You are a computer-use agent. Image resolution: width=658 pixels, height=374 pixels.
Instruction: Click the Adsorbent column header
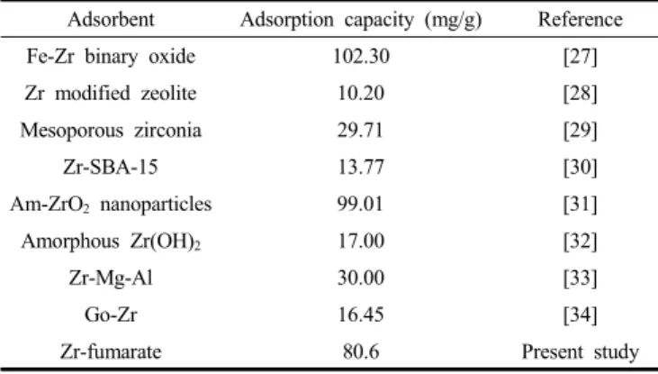pyautogui.click(x=112, y=19)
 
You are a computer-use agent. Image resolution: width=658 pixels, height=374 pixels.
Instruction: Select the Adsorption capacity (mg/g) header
pyautogui.click(x=361, y=20)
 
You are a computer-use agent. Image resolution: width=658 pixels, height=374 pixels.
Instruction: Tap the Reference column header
pyautogui.click(x=581, y=19)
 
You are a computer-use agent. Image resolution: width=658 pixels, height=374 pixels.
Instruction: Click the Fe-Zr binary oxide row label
pyautogui.click(x=112, y=57)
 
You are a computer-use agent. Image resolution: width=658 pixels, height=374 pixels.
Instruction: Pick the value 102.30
pyautogui.click(x=361, y=56)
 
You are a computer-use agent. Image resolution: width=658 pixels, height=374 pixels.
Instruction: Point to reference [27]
pyautogui.click(x=581, y=57)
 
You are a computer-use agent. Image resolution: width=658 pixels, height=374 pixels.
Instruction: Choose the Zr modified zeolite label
pyautogui.click(x=111, y=94)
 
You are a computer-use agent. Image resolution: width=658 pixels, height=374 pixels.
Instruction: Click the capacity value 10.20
pyautogui.click(x=361, y=94)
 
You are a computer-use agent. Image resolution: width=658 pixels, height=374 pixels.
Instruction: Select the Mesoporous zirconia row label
pyautogui.click(x=112, y=131)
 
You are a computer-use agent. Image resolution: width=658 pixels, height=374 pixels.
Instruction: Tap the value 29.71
pyautogui.click(x=361, y=131)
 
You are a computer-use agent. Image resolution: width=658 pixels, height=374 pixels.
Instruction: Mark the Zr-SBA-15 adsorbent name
pyautogui.click(x=111, y=168)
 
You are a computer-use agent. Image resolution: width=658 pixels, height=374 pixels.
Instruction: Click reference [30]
pyautogui.click(x=581, y=168)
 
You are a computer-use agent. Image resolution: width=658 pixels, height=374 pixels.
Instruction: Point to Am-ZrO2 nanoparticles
pyautogui.click(x=112, y=205)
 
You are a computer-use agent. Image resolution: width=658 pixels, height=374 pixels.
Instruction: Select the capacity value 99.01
pyautogui.click(x=361, y=205)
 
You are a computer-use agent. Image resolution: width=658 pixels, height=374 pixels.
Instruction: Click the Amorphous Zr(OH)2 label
pyautogui.click(x=112, y=242)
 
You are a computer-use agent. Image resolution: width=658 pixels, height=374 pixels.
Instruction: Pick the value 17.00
pyautogui.click(x=361, y=242)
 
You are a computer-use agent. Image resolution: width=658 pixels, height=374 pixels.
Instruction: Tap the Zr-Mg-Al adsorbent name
pyautogui.click(x=111, y=278)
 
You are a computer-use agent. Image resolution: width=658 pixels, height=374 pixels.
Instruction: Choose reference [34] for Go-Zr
pyautogui.click(x=581, y=315)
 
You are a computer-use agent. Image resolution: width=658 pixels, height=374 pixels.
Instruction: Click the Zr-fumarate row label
pyautogui.click(x=111, y=351)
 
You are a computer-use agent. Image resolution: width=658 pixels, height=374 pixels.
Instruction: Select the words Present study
pyautogui.click(x=581, y=352)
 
